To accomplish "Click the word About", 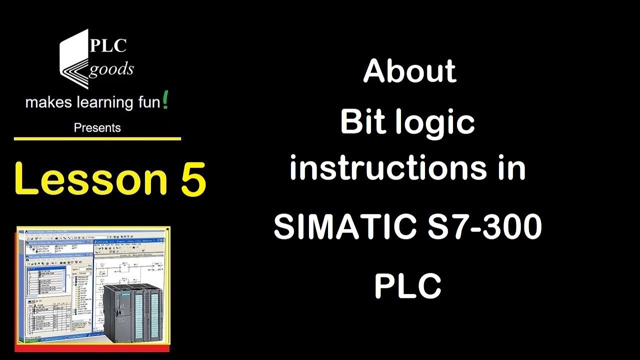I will pyautogui.click(x=409, y=71).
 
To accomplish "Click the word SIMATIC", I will pyautogui.click(x=344, y=226).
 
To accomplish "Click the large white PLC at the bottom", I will pyautogui.click(x=407, y=286).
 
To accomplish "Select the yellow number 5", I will pyautogui.click(x=193, y=178).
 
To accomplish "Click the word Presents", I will pyautogui.click(x=97, y=128).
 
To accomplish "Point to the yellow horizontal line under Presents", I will pyautogui.click(x=97, y=138).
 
